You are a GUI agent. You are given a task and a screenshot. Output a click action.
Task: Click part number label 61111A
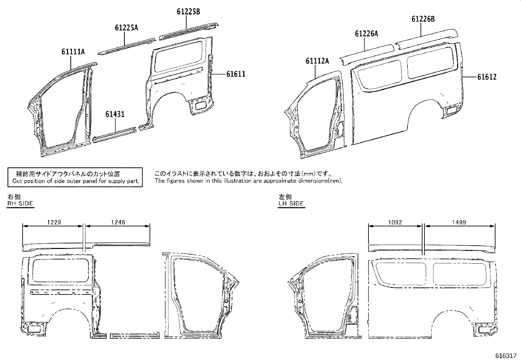pos(73,51)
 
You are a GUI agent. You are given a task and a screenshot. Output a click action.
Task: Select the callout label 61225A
pos(126,28)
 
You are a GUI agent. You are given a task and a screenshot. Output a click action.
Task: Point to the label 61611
pos(236,74)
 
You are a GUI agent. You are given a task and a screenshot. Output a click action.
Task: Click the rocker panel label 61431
pos(115,114)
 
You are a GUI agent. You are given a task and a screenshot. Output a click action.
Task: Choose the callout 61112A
pos(317,61)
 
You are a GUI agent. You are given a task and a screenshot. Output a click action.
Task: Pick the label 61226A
pos(367,33)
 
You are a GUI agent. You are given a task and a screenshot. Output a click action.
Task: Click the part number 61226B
pos(423,19)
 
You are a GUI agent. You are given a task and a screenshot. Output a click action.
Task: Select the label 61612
pos(487,77)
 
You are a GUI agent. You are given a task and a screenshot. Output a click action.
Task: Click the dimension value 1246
pos(118,222)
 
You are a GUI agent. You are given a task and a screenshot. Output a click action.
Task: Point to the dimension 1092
pos(395,222)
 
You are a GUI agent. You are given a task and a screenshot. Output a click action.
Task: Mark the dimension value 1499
pos(459,222)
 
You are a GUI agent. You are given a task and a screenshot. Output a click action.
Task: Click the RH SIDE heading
pos(20,203)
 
